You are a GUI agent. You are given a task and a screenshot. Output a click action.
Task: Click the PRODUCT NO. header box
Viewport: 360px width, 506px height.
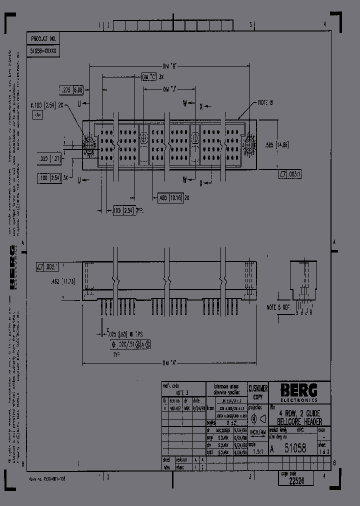(43, 38)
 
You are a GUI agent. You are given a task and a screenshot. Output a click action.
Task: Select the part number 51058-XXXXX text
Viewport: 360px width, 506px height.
(43, 51)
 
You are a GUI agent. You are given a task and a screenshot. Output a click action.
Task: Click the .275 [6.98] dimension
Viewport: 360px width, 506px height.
(71, 90)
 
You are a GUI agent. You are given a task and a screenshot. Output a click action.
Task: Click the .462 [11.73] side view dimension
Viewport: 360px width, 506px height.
(63, 281)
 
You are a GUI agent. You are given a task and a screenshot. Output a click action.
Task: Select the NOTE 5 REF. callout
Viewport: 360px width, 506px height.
(278, 308)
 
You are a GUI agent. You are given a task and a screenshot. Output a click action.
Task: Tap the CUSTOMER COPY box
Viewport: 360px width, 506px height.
(258, 392)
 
